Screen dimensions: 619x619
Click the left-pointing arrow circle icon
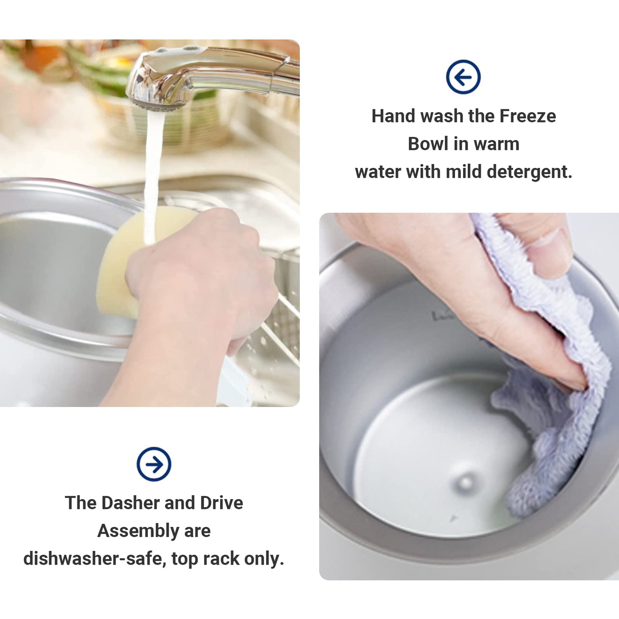click(463, 77)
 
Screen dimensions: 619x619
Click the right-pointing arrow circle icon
click(154, 464)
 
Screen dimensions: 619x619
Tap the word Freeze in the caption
click(527, 116)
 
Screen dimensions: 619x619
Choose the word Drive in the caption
click(221, 503)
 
